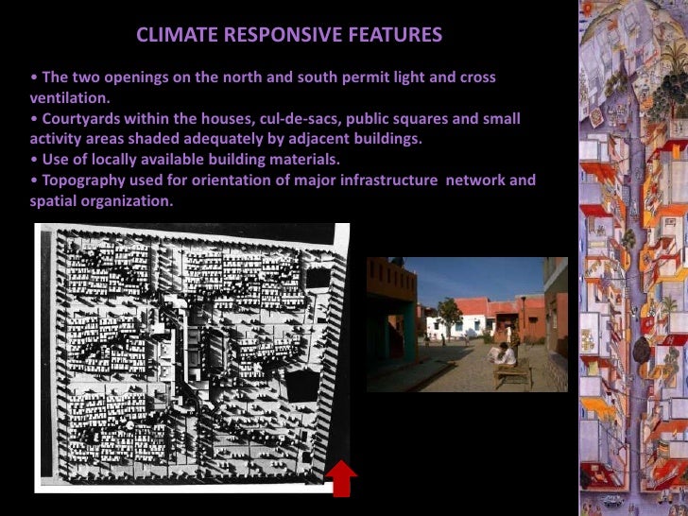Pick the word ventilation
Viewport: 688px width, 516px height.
71,97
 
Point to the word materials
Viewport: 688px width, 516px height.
300,159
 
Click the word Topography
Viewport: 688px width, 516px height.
84,180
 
